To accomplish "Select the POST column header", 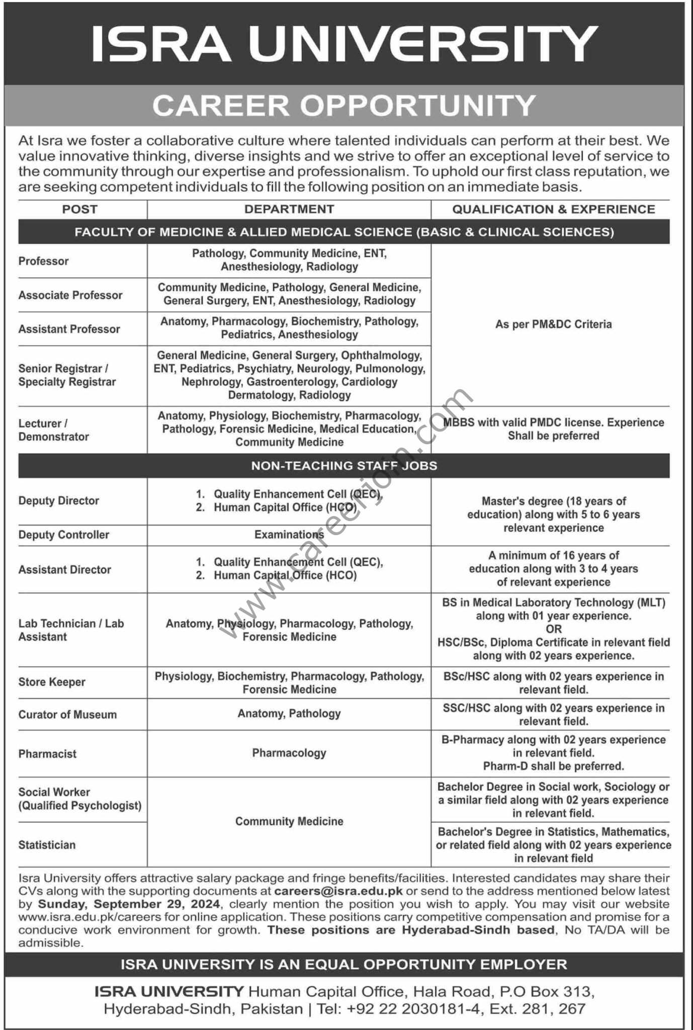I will click(x=80, y=209).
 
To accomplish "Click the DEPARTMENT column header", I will click(x=289, y=209).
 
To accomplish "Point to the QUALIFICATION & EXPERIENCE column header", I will click(x=553, y=209).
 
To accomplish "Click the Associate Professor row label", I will click(x=70, y=295).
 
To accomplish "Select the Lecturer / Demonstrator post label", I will click(x=54, y=430).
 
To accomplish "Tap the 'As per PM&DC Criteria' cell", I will click(x=553, y=324).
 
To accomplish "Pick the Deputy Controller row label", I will click(x=64, y=535).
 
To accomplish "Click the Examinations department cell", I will click(x=289, y=535).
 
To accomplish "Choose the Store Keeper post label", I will click(x=52, y=682).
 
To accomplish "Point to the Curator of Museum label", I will click(x=67, y=715).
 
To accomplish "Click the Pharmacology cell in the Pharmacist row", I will click(x=289, y=753).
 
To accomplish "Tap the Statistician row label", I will click(x=47, y=845).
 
